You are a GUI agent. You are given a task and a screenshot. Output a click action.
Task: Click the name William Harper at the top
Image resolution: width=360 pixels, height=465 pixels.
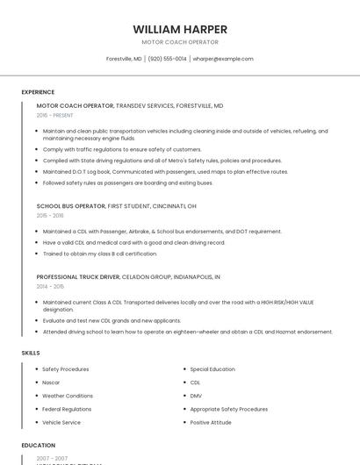(x=180, y=29)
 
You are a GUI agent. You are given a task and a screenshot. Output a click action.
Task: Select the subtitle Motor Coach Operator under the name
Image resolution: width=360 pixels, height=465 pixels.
(x=180, y=42)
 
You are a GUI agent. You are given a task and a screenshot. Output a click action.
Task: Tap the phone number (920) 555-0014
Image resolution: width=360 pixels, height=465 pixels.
(x=167, y=59)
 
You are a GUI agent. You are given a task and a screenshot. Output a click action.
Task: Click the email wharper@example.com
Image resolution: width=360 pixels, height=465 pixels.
(x=223, y=59)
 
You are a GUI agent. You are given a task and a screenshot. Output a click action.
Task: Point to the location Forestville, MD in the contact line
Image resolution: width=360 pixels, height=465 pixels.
(x=124, y=59)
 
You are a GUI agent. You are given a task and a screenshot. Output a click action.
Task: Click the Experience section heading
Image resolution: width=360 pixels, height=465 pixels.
(x=38, y=92)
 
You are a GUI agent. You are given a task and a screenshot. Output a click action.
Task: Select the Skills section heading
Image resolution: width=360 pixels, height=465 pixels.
(x=31, y=353)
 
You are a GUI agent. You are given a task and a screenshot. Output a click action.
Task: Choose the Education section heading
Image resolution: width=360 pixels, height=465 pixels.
(x=39, y=446)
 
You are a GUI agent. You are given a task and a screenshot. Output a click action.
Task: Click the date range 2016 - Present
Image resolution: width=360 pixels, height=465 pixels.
(x=55, y=115)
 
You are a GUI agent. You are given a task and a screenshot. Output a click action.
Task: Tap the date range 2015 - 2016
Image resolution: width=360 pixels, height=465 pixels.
(x=50, y=215)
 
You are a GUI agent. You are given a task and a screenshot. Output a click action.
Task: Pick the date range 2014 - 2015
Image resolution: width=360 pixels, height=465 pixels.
(x=50, y=286)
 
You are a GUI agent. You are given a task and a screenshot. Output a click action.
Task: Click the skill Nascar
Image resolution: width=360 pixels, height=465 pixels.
(x=51, y=383)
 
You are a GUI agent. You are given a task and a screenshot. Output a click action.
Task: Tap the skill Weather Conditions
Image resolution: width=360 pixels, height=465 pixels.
(x=68, y=396)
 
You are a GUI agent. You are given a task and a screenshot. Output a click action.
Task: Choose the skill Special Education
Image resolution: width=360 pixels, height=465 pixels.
(x=212, y=369)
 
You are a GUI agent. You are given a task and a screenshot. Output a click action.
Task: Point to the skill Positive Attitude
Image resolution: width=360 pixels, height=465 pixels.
(x=212, y=422)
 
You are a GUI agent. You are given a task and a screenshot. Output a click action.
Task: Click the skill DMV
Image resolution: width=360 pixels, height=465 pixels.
(x=196, y=396)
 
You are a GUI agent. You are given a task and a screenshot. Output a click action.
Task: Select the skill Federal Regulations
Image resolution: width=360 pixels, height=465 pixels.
(x=67, y=409)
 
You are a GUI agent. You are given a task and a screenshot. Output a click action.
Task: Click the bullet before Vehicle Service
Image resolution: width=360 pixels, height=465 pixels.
(x=37, y=422)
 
